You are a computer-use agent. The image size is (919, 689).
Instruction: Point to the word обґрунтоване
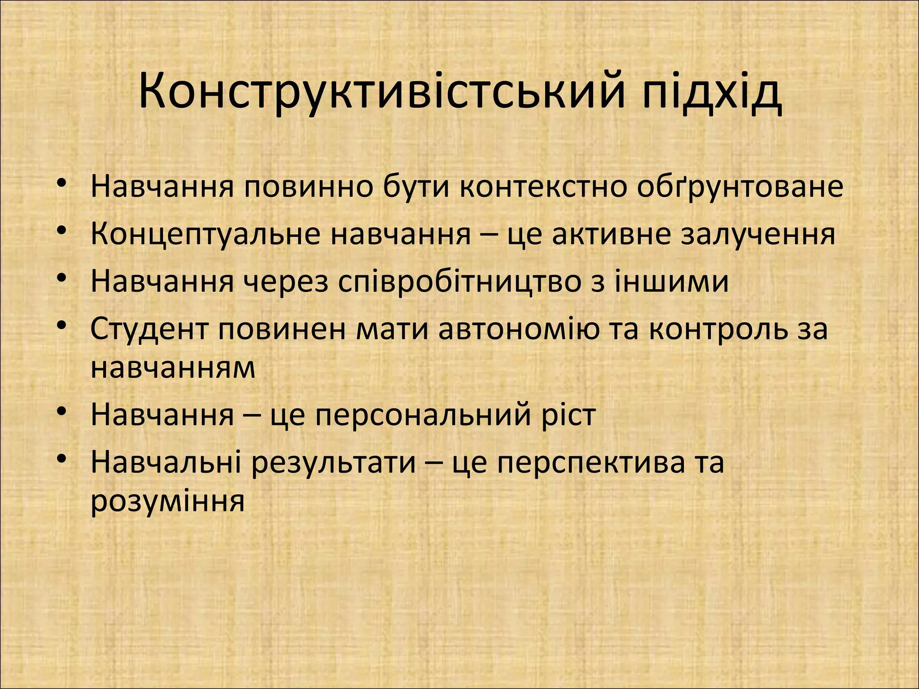[x=740, y=187]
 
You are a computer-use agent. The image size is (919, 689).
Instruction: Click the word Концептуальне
[x=206, y=234]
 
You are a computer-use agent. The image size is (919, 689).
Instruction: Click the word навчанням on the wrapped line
[x=173, y=368]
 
